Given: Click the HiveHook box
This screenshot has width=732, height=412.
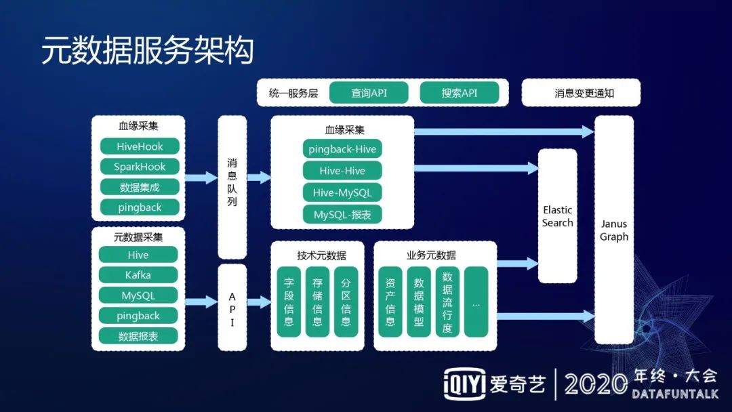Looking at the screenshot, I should (x=140, y=146).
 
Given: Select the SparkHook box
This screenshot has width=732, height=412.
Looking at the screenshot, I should (x=140, y=167).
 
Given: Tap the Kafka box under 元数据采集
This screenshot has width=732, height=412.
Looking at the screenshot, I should (x=138, y=275).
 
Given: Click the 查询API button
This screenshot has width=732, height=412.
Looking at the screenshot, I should (x=369, y=93).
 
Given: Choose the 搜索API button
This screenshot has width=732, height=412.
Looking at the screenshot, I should (x=459, y=93).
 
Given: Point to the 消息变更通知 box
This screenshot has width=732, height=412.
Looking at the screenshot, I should (x=581, y=93).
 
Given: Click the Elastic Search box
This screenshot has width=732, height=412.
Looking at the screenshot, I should (x=557, y=216).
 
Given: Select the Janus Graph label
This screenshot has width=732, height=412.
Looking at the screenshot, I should (x=614, y=230).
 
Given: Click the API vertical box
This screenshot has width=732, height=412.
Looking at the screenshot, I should (x=232, y=309).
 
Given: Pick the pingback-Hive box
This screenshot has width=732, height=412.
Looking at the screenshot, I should (x=342, y=150).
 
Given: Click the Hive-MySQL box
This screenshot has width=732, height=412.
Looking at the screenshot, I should (x=342, y=192).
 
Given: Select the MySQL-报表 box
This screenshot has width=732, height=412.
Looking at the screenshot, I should (x=342, y=215).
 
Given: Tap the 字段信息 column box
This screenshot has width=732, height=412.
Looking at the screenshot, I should (x=289, y=302).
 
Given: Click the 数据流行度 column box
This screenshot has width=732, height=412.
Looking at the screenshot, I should (x=447, y=302).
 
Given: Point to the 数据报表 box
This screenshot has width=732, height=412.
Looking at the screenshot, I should (x=138, y=336).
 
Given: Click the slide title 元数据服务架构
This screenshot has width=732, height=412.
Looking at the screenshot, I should (x=147, y=52).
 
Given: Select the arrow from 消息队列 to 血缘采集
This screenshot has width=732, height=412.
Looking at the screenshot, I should (x=258, y=178).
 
